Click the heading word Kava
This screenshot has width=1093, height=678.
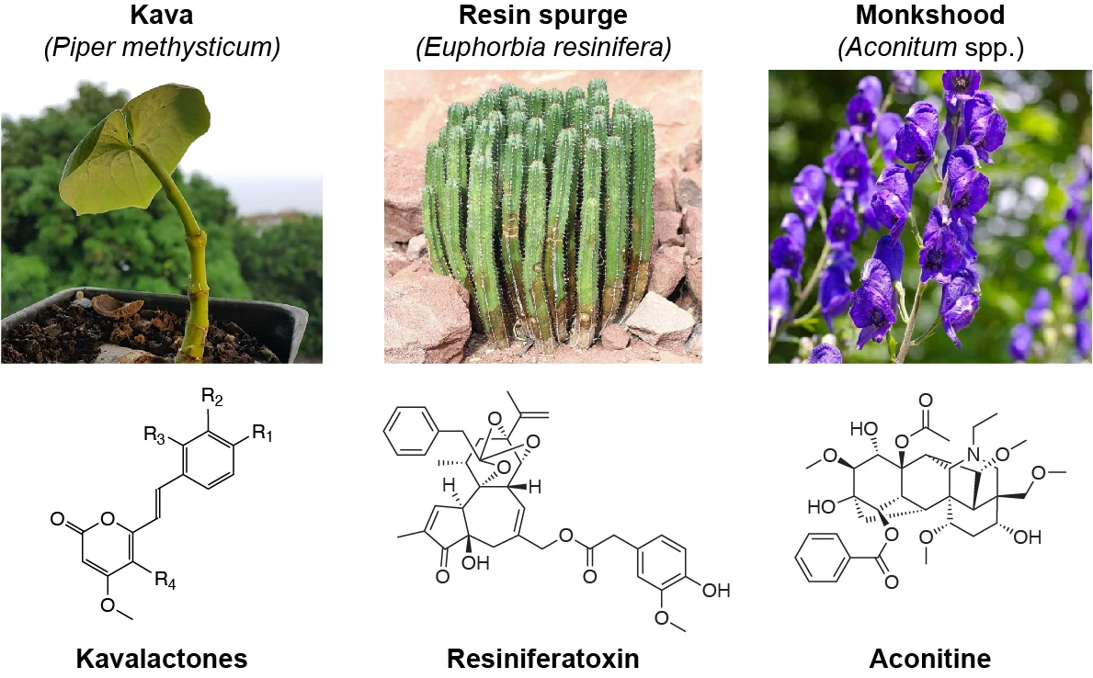coord(162,15)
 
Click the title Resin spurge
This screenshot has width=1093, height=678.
coord(543,15)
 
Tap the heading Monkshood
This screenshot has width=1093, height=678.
coord(930,15)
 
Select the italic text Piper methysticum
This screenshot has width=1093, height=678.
coord(162,48)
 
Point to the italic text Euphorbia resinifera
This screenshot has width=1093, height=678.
coord(543,48)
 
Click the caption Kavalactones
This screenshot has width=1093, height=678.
coord(162,658)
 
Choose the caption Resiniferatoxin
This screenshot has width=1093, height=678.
coord(543,658)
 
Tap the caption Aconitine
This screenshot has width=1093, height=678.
coord(930,658)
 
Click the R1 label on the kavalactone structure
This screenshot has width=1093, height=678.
coord(263,434)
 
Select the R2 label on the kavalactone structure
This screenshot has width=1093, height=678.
coord(212,397)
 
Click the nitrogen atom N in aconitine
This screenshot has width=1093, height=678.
coord(973,455)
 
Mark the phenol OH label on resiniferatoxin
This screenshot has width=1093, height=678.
coord(715,591)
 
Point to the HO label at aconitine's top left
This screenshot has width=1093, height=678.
coord(864,429)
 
